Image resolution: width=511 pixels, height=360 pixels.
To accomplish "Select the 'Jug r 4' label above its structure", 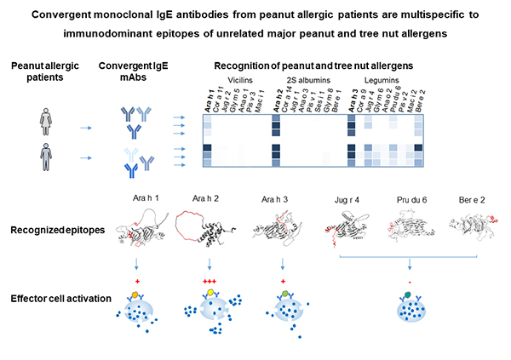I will click(344, 199).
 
